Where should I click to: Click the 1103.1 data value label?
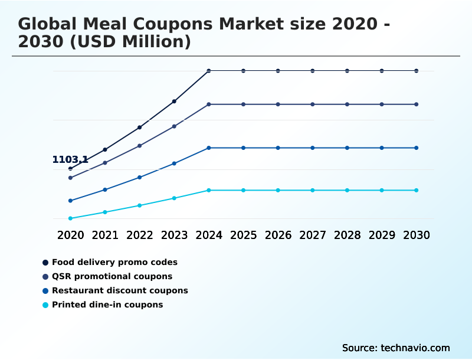pyautogui.click(x=70, y=159)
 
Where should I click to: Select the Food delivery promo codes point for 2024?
pyautogui.click(x=209, y=71)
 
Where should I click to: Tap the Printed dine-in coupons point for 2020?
pyautogui.click(x=70, y=218)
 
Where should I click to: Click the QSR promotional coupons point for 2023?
pyautogui.click(x=174, y=126)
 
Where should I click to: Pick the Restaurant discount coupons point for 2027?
pyautogui.click(x=313, y=148)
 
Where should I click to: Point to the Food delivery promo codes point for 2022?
pyautogui.click(x=139, y=127)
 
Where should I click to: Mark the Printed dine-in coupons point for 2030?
pyautogui.click(x=417, y=190)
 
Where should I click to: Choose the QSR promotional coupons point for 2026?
pyautogui.click(x=278, y=104)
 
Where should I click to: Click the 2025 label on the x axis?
pyautogui.click(x=243, y=235)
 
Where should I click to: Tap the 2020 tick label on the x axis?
pyautogui.click(x=70, y=235)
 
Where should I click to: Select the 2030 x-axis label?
pyautogui.click(x=417, y=235)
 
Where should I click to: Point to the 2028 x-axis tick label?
pyautogui.click(x=347, y=235)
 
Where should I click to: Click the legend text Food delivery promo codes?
pyautogui.click(x=114, y=262)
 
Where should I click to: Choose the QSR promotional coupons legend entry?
pyautogui.click(x=112, y=276)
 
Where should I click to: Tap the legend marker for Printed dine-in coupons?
pyautogui.click(x=45, y=305)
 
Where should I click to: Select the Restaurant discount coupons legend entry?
pyautogui.click(x=120, y=290)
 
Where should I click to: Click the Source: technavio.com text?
pyautogui.click(x=396, y=348)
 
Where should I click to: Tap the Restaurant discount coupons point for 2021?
pyautogui.click(x=105, y=189)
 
